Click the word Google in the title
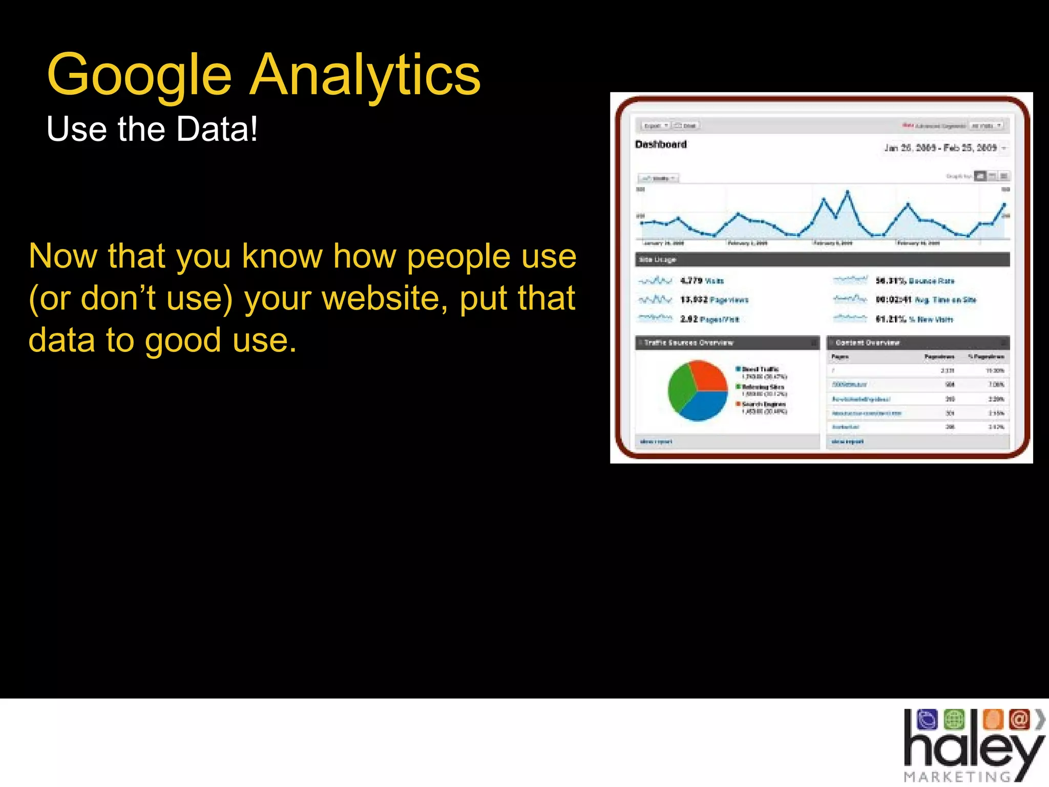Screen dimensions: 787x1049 (x=139, y=76)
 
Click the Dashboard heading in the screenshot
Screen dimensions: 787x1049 (x=661, y=144)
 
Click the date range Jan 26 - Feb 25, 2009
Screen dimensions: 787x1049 (x=940, y=148)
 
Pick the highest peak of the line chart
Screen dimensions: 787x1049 (x=847, y=193)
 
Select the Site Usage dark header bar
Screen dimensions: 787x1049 (x=822, y=260)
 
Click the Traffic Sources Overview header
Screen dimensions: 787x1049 (x=688, y=343)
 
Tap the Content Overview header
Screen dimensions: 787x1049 (x=868, y=343)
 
